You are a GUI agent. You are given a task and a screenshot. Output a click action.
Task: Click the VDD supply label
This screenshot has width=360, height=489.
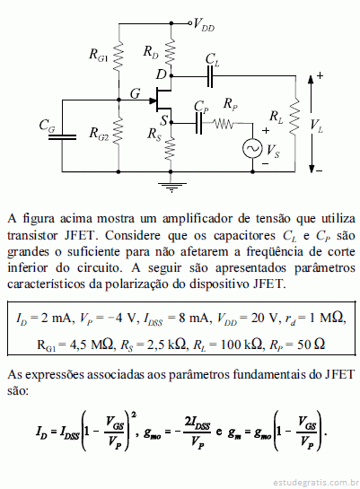point(204,24)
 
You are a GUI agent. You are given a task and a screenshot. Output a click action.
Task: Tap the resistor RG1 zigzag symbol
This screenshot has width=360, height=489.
point(119,57)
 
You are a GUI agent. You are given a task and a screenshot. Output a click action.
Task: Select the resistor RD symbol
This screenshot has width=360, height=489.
point(171,52)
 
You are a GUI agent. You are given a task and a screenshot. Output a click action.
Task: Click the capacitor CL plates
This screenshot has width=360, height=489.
point(210,75)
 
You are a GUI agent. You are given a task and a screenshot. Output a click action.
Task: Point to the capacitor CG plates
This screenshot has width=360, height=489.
point(62,137)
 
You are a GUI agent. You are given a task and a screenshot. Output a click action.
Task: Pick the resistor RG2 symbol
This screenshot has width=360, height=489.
point(119,131)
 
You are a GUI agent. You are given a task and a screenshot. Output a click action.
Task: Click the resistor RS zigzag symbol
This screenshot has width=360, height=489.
point(171,149)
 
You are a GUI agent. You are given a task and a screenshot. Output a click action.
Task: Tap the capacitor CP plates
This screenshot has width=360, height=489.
point(198,123)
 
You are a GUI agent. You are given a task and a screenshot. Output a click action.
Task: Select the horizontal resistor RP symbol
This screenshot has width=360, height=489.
point(224,124)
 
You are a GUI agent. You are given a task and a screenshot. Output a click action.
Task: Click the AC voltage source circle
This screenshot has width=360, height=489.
point(252,148)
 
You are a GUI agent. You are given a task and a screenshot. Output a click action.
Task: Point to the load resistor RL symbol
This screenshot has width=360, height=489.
point(294,116)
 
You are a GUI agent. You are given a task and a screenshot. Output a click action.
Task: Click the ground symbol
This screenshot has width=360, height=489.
point(171,188)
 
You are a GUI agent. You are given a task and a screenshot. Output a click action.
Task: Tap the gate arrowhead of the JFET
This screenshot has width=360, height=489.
point(153,100)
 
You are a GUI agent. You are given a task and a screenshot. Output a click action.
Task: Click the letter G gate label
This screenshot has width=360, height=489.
point(135,93)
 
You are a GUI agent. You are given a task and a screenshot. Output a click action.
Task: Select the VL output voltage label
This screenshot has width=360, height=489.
point(316,126)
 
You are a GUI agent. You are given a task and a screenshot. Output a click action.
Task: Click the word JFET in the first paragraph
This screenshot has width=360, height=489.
point(79,235)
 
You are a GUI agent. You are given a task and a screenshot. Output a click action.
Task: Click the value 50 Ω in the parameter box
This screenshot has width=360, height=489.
point(311,345)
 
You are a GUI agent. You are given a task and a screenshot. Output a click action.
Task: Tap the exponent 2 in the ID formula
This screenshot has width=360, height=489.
point(134,415)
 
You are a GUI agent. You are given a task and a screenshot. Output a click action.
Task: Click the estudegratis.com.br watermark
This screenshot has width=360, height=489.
point(316,483)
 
